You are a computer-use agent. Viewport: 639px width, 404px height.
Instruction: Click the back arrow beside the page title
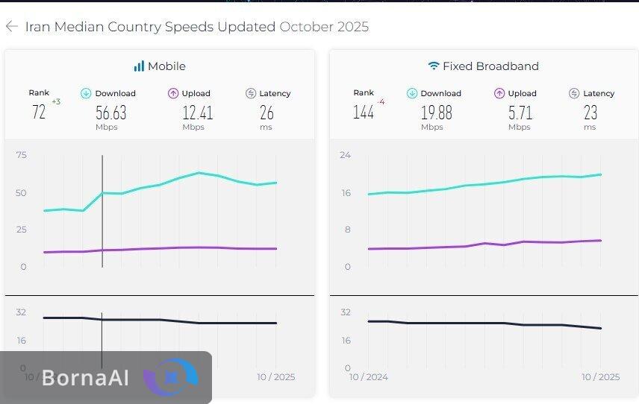(x=11, y=27)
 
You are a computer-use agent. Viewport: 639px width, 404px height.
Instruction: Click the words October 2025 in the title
(x=324, y=27)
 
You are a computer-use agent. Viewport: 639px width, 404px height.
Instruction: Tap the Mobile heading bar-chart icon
(x=139, y=66)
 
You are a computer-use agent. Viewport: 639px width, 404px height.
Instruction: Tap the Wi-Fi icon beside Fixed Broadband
(x=434, y=66)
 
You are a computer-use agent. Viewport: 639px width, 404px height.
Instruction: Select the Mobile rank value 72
(x=39, y=113)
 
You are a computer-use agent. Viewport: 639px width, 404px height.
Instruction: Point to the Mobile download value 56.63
(x=111, y=113)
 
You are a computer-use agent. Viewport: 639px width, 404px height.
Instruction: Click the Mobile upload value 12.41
(x=198, y=113)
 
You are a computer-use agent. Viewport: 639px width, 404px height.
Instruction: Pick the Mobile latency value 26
(x=266, y=113)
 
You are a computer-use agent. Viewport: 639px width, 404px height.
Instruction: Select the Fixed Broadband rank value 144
(x=364, y=113)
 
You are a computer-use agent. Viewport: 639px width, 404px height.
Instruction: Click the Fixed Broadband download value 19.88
(x=437, y=113)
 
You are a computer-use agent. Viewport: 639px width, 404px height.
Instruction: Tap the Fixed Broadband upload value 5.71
(x=520, y=113)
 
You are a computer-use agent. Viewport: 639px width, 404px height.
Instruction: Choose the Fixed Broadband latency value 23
(x=590, y=113)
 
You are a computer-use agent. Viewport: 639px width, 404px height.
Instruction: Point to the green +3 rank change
(x=56, y=101)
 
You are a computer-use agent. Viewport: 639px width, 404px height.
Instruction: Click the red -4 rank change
(x=381, y=101)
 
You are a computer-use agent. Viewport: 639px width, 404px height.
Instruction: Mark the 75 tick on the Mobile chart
(x=21, y=155)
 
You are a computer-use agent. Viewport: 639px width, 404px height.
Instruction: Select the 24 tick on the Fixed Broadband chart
(x=346, y=155)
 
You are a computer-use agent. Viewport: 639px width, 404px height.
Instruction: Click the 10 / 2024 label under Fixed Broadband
(x=369, y=377)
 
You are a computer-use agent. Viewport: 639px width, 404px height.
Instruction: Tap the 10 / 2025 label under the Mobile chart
(x=275, y=377)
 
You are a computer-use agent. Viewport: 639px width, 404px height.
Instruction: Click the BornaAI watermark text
(x=85, y=378)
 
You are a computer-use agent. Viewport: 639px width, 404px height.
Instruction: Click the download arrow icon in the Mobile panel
(x=86, y=93)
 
